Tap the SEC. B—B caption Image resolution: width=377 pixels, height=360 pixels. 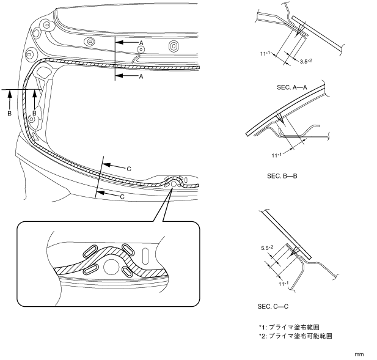tap(282, 175)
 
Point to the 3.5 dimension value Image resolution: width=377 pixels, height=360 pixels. tap(307, 62)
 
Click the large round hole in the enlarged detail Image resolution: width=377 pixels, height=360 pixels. tap(112, 266)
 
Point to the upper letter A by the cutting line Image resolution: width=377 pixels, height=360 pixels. tap(141, 42)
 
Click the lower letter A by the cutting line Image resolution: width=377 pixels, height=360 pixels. tap(141, 77)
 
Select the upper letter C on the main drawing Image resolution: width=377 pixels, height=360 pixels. tap(129, 167)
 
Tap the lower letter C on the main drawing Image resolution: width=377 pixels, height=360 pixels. tap(122, 196)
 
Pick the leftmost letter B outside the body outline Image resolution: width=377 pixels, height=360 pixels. tap(10, 114)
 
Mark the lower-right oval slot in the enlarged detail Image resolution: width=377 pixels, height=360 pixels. tap(133, 271)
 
